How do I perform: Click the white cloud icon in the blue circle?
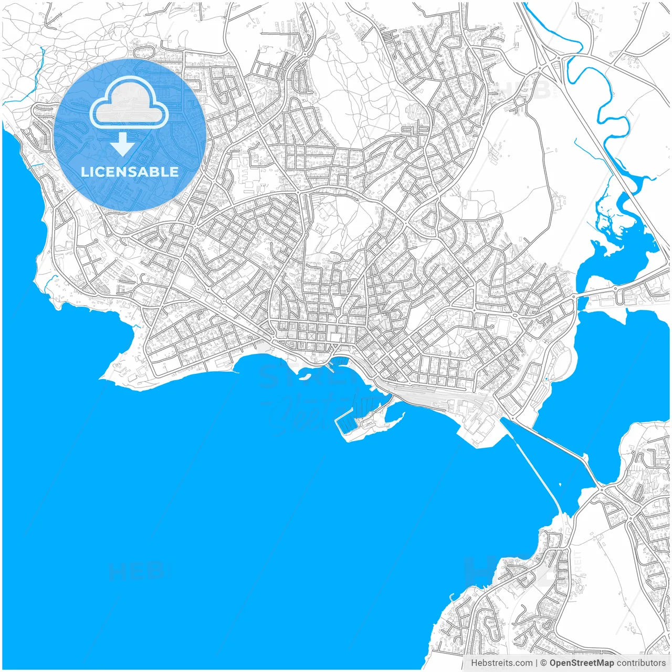coord(129,103)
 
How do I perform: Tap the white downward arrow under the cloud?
coord(123,144)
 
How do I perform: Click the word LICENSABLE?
coord(130,172)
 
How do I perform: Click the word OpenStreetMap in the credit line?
coord(582,663)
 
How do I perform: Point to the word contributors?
coord(641,663)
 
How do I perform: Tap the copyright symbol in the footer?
coord(544,663)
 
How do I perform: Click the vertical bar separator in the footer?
coord(537,663)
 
